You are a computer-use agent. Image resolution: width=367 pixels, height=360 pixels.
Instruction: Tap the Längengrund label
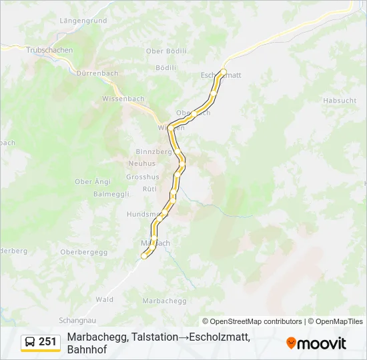coord(83,21)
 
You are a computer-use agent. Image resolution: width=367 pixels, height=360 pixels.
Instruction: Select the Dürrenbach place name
coord(97,73)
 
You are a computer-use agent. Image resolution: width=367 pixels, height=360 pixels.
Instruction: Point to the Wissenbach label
coord(123,99)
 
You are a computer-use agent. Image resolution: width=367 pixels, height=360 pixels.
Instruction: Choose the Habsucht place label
coord(339,101)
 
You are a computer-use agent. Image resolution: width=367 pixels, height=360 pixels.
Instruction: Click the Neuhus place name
coord(141,163)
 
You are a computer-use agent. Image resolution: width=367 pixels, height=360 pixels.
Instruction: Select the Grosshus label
coord(143,177)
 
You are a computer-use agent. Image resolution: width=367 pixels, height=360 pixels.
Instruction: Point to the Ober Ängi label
coord(93,181)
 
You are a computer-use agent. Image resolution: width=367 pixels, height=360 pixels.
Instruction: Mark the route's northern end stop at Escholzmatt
coord(224,71)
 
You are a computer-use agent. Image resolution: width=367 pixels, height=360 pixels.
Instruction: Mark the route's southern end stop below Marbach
coord(144,255)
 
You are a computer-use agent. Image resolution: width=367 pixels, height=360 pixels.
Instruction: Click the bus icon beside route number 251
coord(31,342)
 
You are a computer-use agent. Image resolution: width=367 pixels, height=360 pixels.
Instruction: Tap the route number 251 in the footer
coord(47,342)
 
